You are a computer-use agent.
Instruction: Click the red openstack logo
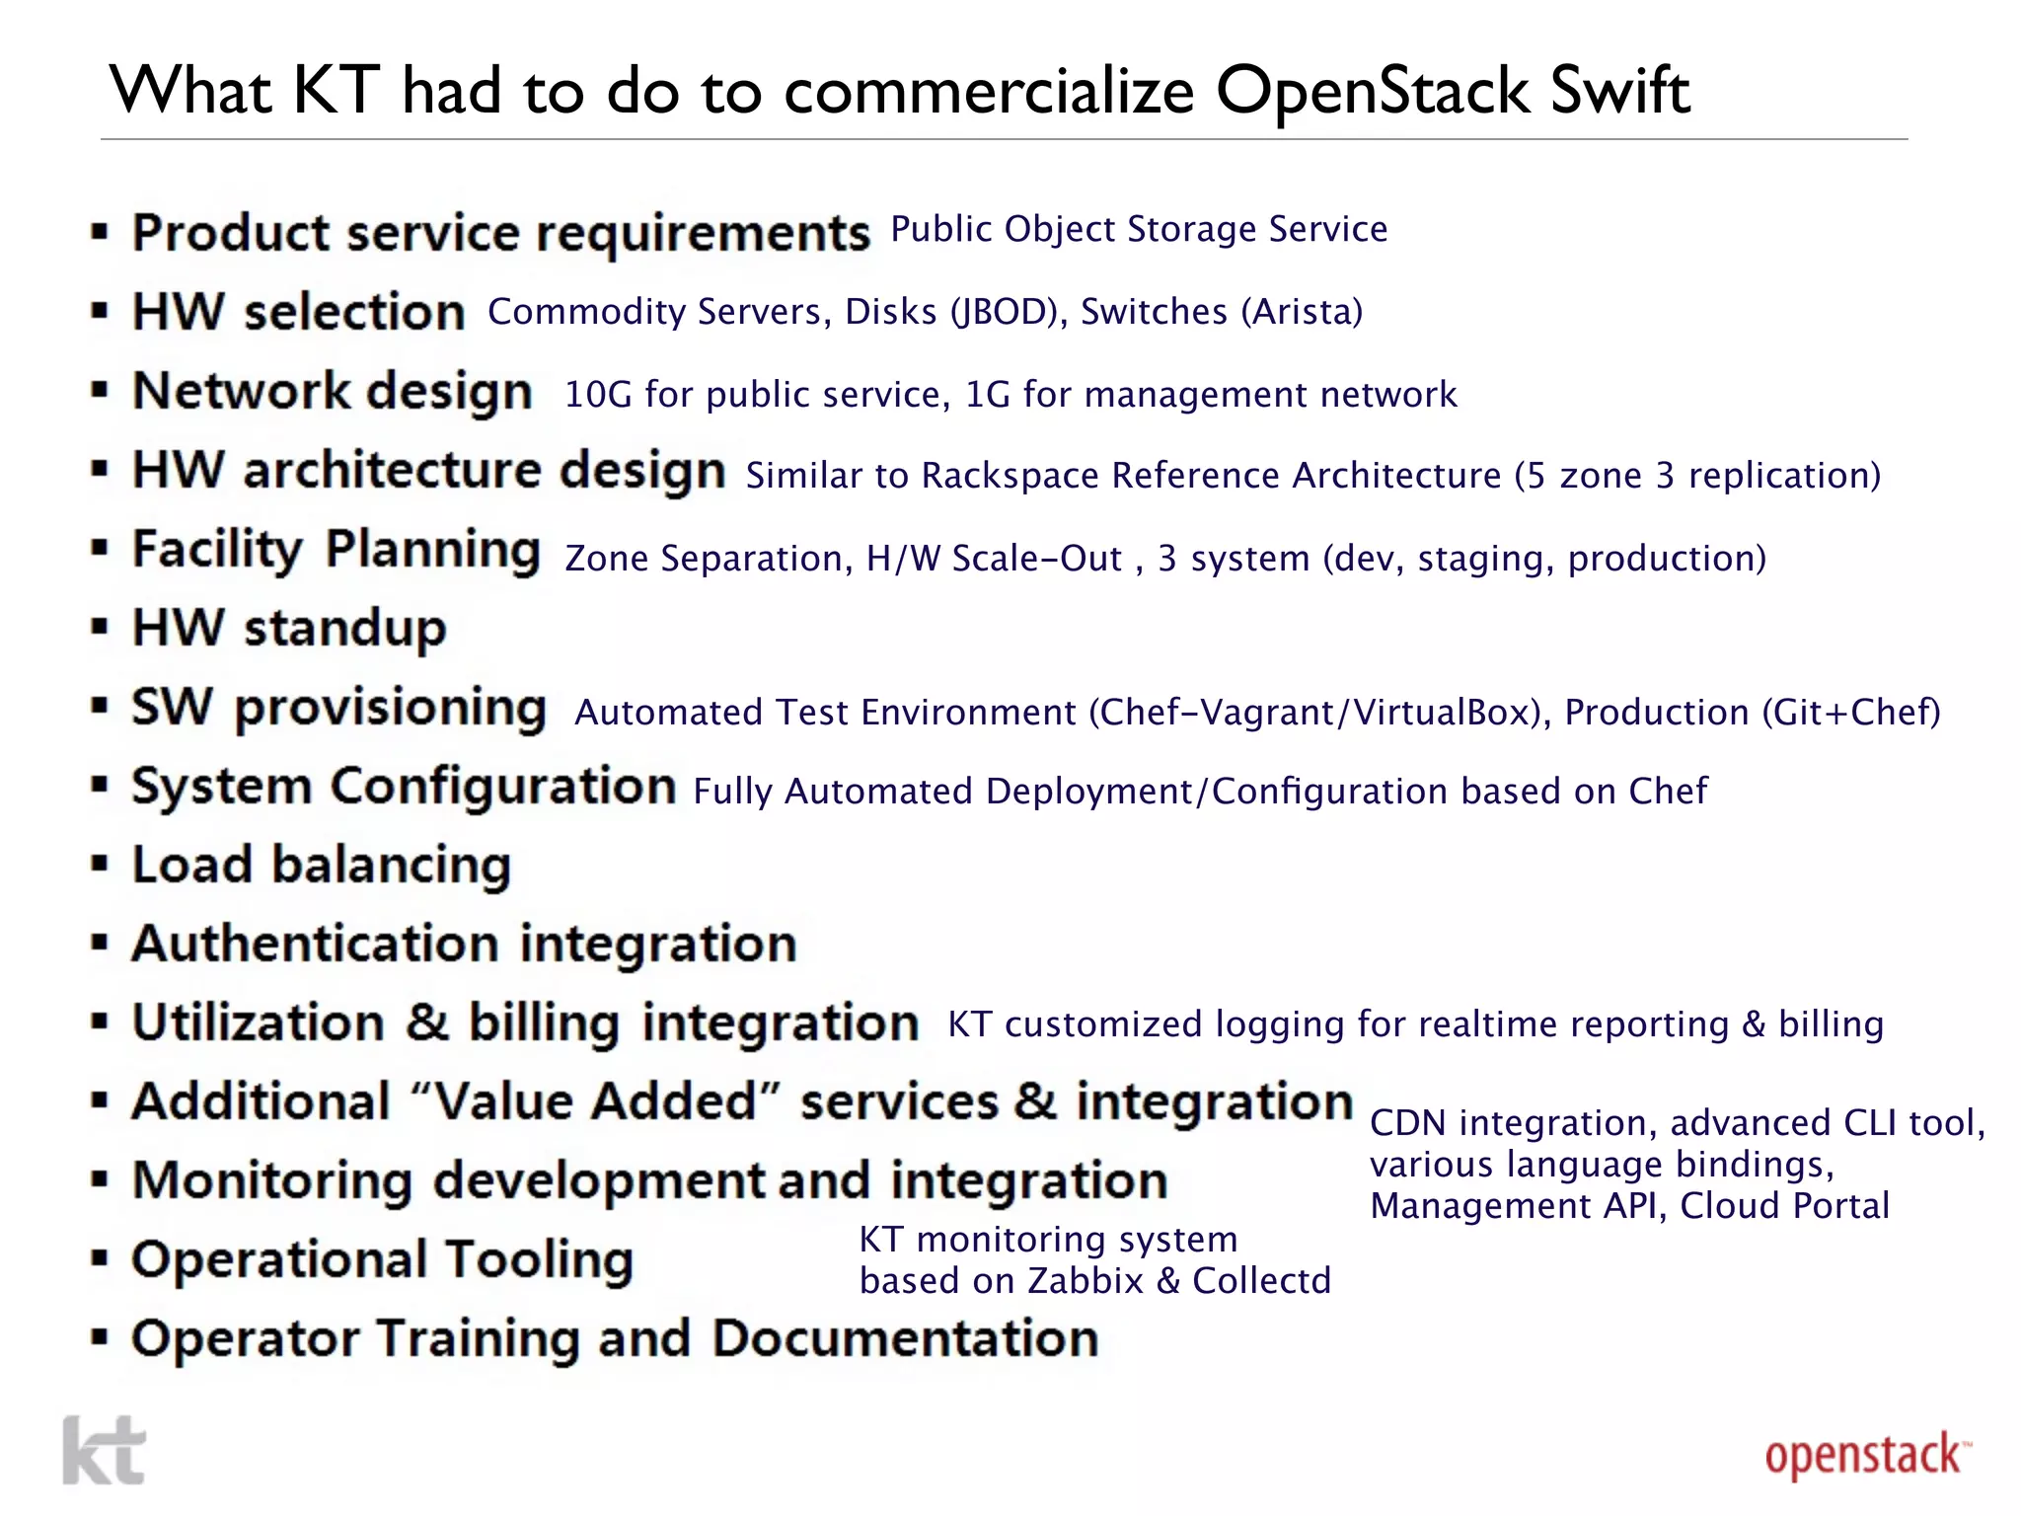[1866, 1457]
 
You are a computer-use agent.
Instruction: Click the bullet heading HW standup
[289, 628]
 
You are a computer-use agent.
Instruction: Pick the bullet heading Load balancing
[322, 865]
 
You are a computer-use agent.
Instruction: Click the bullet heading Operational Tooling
[382, 1259]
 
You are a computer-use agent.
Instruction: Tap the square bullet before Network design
[99, 391]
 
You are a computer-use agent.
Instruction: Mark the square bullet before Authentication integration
[99, 944]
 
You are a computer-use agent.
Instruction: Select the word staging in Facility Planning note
[1484, 559]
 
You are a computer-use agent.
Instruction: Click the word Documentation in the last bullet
[905, 1338]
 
